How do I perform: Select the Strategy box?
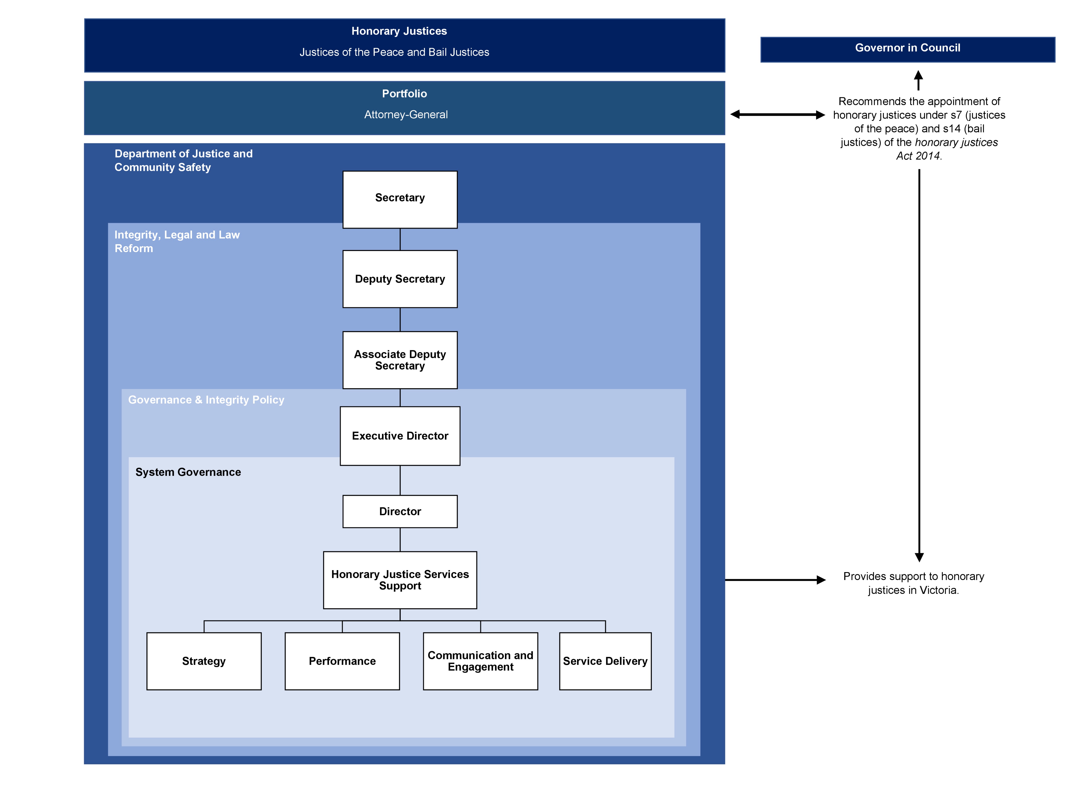[204, 661]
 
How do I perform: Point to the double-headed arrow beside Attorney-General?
[777, 114]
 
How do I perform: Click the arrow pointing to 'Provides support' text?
[775, 580]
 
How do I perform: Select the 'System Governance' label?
[188, 472]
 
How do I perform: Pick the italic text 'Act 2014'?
[918, 156]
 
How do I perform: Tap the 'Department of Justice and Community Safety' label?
[183, 161]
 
